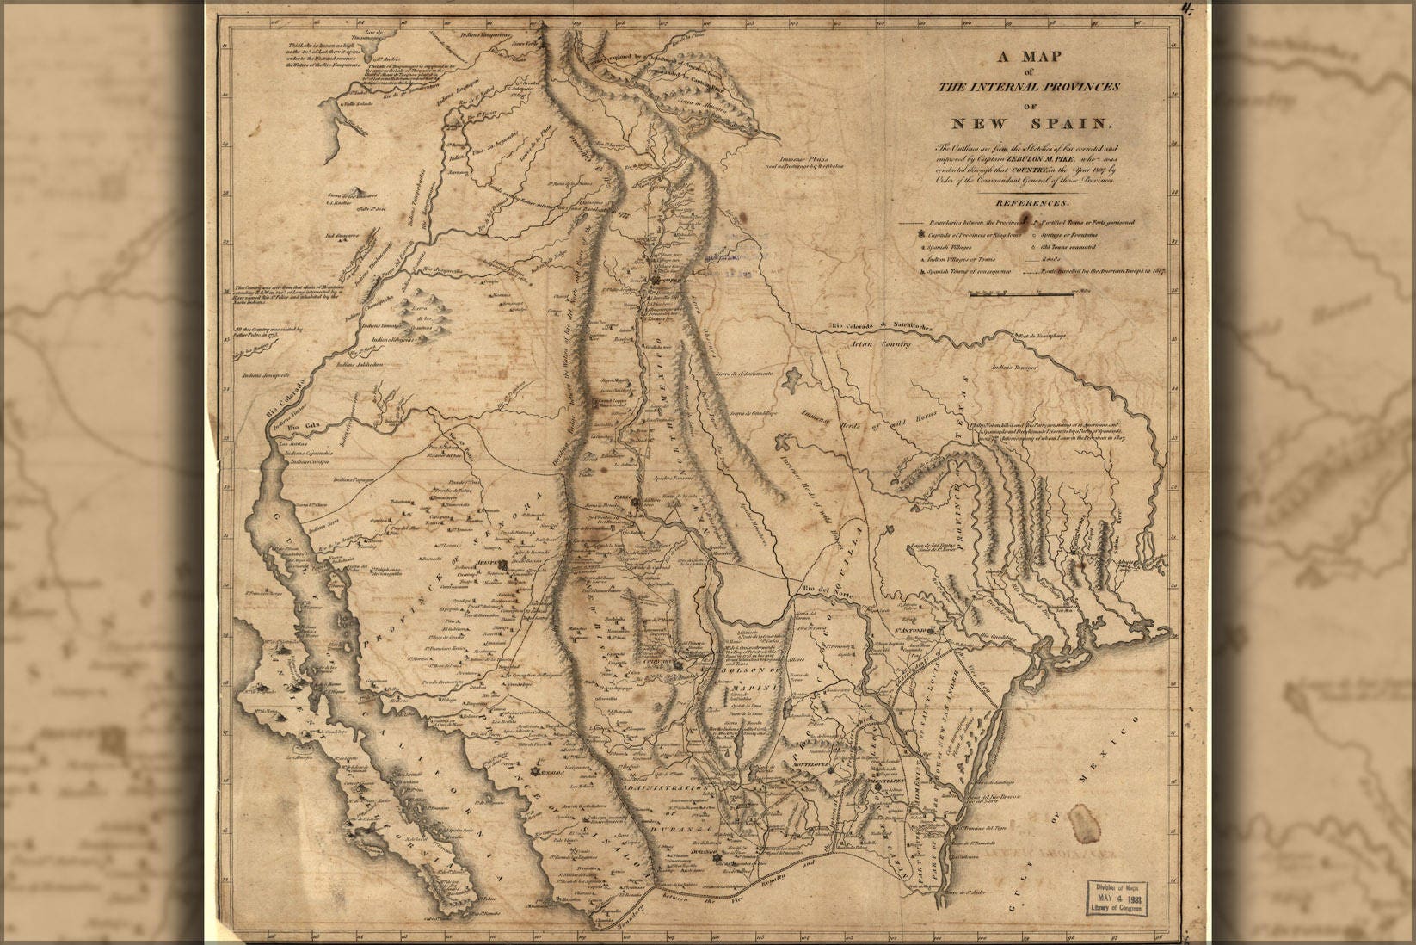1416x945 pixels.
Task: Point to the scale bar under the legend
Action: point(1021,293)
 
